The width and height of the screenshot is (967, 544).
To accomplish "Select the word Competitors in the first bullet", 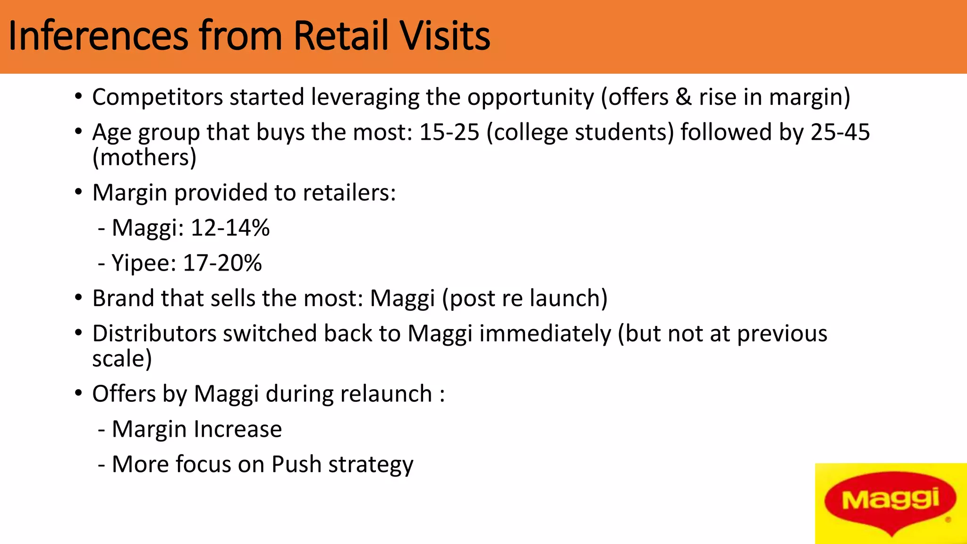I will tap(157, 97).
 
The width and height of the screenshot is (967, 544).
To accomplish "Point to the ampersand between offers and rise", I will tap(683, 97).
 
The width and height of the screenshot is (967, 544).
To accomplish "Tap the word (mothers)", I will tap(144, 158).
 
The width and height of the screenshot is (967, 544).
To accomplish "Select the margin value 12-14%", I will tap(230, 228).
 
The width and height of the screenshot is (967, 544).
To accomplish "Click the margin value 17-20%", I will tap(222, 263).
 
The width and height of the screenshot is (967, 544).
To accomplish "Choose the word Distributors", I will tap(154, 334).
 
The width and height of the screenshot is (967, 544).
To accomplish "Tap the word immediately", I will tap(545, 334).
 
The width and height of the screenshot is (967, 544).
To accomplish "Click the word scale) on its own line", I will tap(122, 359).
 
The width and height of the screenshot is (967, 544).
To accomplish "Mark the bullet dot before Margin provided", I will tap(78, 193).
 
